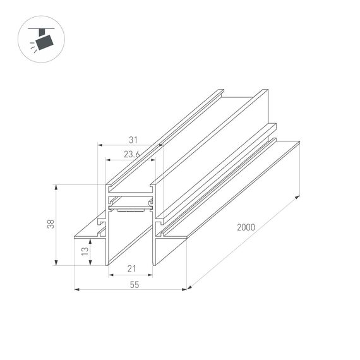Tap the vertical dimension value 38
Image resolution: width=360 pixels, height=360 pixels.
51,224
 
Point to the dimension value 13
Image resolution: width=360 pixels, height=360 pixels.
84,252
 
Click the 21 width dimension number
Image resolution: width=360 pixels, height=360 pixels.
131,269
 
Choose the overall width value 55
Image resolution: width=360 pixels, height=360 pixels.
134,284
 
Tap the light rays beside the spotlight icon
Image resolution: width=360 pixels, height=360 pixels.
32,45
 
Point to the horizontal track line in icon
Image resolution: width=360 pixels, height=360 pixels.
43,29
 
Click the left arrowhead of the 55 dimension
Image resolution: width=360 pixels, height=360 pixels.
76,289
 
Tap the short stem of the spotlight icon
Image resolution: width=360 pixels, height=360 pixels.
42,33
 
